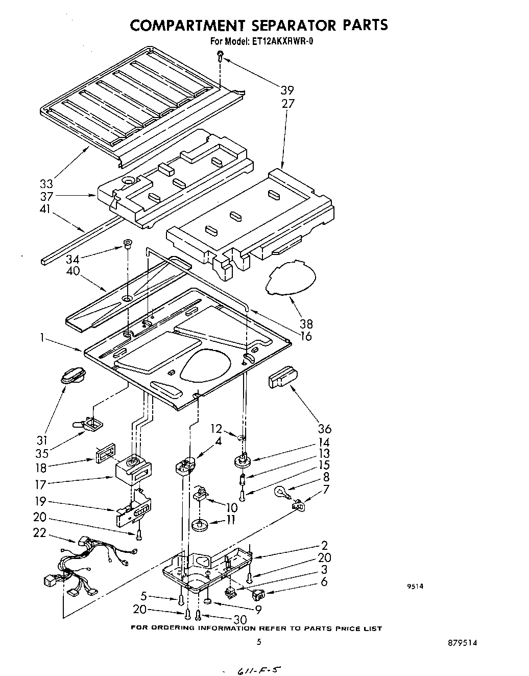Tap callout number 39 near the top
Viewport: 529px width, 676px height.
click(287, 90)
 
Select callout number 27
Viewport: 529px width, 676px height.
click(287, 104)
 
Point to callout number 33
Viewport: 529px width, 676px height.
click(47, 183)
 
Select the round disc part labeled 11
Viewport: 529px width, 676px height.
click(200, 525)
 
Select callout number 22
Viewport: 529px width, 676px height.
click(39, 532)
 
